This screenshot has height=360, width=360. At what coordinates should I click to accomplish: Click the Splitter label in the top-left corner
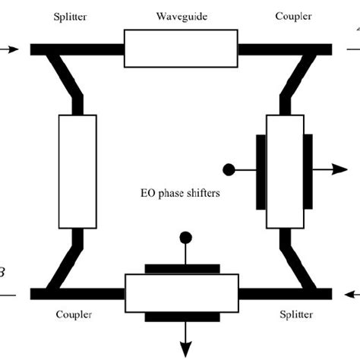pyautogui.click(x=69, y=17)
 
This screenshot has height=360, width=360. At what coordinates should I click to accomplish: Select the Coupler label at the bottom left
pyautogui.click(x=74, y=314)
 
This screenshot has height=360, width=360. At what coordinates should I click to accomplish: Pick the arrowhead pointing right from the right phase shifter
pyautogui.click(x=339, y=169)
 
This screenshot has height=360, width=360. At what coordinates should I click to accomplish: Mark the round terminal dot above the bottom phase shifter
pyautogui.click(x=182, y=238)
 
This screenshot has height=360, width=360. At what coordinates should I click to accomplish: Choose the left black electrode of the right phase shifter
pyautogui.click(x=261, y=169)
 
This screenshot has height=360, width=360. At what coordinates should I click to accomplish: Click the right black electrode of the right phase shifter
pyautogui.click(x=308, y=169)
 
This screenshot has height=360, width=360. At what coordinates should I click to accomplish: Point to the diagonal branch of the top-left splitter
pyautogui.click(x=64, y=76)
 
